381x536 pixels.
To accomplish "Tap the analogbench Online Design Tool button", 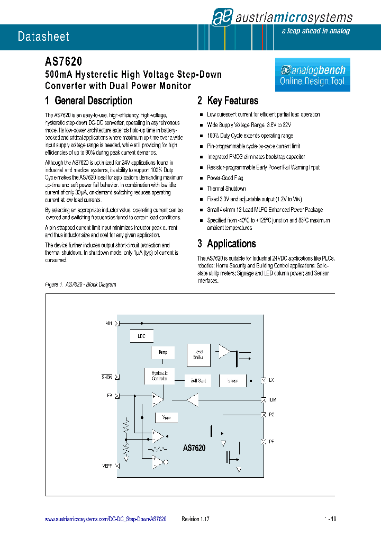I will click(312, 75).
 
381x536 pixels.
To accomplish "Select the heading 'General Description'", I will click(88, 101).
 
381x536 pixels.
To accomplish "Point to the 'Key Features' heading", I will click(228, 101).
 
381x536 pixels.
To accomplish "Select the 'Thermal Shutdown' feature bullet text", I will click(226, 189).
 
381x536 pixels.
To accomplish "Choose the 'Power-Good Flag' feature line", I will click(225, 178).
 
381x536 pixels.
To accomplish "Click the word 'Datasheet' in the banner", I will click(43, 37).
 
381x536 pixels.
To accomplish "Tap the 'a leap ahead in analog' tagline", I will click(315, 31).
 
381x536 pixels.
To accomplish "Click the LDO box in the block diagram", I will click(141, 336).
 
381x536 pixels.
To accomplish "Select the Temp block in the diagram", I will click(162, 352).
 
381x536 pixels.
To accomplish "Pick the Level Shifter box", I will click(198, 354).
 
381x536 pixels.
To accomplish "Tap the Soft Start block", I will click(197, 380).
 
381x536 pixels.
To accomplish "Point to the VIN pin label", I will click(109, 323).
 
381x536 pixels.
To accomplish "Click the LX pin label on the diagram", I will click(271, 380).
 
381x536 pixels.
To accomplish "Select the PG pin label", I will click(271, 415).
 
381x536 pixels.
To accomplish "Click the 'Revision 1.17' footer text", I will click(195, 520).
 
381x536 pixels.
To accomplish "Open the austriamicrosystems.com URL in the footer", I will click(105, 520).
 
